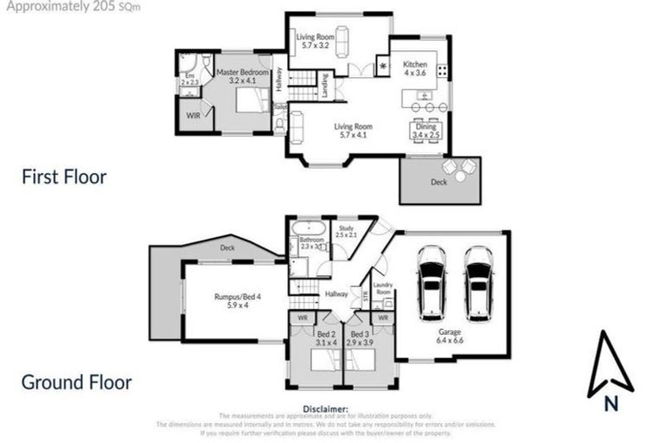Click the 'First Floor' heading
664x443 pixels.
(x=64, y=177)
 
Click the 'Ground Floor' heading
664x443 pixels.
(x=76, y=382)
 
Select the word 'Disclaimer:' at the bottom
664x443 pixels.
(x=325, y=408)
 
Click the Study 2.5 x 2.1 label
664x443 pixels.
(x=346, y=231)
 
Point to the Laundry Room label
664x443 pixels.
(x=382, y=289)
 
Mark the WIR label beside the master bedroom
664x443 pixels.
(x=193, y=115)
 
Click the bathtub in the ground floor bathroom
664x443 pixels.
(x=308, y=229)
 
